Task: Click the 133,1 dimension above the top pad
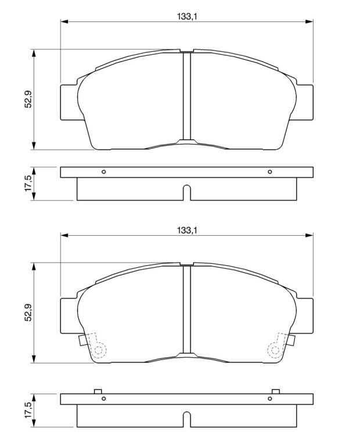187,16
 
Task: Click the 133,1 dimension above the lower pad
187,230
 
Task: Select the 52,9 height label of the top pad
28,99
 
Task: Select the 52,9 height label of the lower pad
28,312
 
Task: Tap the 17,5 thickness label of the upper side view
28,184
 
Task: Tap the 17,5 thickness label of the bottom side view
28,410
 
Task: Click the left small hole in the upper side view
104,172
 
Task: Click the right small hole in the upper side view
270,172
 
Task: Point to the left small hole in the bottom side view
104,398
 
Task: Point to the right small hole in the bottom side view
270,398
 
